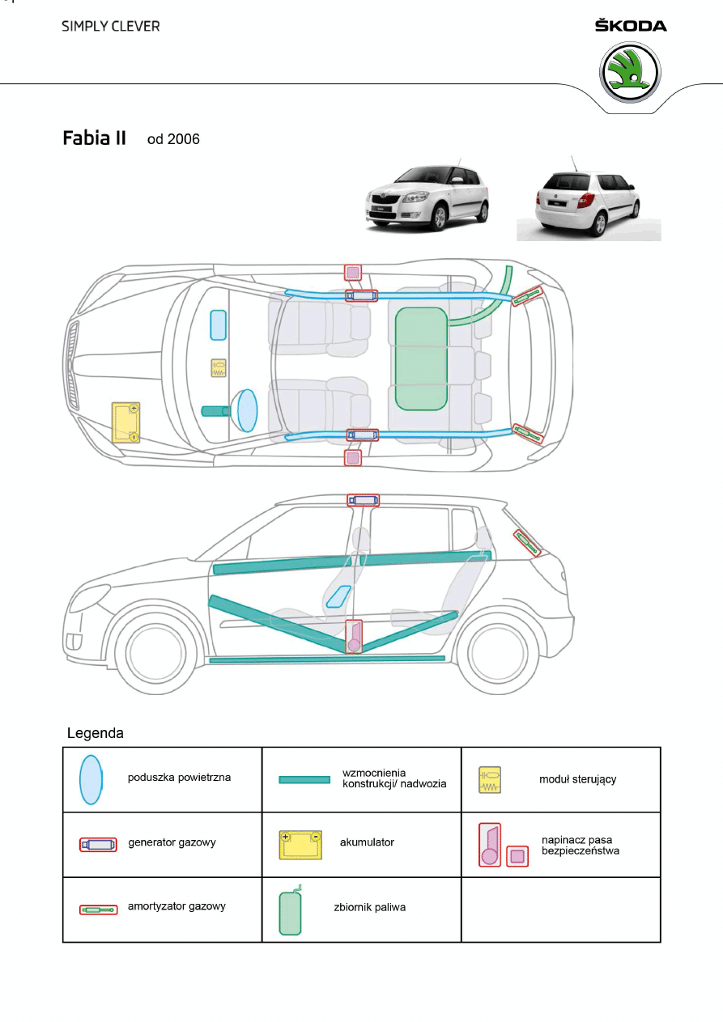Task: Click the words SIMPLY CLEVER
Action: point(111,26)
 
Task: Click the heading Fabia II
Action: point(95,138)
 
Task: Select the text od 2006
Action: point(173,139)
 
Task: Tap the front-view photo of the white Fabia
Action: point(427,199)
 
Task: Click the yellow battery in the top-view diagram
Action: point(126,422)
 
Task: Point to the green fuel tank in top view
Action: point(421,358)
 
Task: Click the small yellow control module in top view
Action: point(219,368)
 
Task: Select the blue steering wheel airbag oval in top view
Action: point(247,410)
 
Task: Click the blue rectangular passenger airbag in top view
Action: point(218,324)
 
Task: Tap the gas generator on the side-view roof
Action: point(363,500)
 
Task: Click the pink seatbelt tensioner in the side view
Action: point(354,637)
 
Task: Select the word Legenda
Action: point(95,734)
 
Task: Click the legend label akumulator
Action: point(367,842)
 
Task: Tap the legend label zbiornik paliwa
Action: point(369,907)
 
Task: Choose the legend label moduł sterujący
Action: point(577,779)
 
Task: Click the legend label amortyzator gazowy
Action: point(176,906)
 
